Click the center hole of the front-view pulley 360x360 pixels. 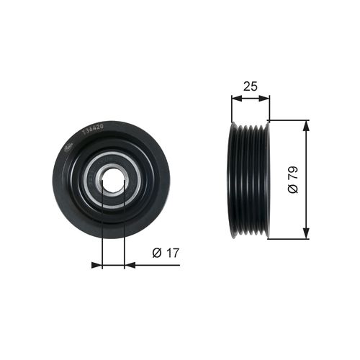click(x=112, y=181)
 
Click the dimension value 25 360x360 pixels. click(x=251, y=86)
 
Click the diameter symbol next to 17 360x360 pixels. click(x=156, y=253)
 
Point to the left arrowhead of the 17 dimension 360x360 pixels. click(x=97, y=265)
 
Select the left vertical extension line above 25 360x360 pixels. click(x=231, y=108)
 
